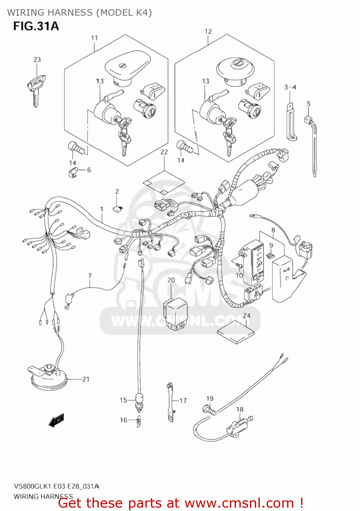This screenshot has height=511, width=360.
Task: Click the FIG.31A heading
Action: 36,26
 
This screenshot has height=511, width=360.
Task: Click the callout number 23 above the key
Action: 37,60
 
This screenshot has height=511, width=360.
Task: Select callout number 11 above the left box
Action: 94,38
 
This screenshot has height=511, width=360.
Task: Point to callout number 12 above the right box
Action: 208,32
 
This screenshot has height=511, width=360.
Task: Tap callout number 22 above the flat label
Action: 164,152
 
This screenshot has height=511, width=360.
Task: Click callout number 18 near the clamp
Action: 240,409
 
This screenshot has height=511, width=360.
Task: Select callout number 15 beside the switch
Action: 123,400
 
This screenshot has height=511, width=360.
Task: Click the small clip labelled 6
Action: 73,173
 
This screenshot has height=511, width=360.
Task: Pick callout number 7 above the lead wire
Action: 90,276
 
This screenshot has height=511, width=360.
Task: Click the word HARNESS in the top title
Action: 71,13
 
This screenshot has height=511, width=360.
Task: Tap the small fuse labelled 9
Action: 271,254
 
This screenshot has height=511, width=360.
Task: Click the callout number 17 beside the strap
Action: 183,401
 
